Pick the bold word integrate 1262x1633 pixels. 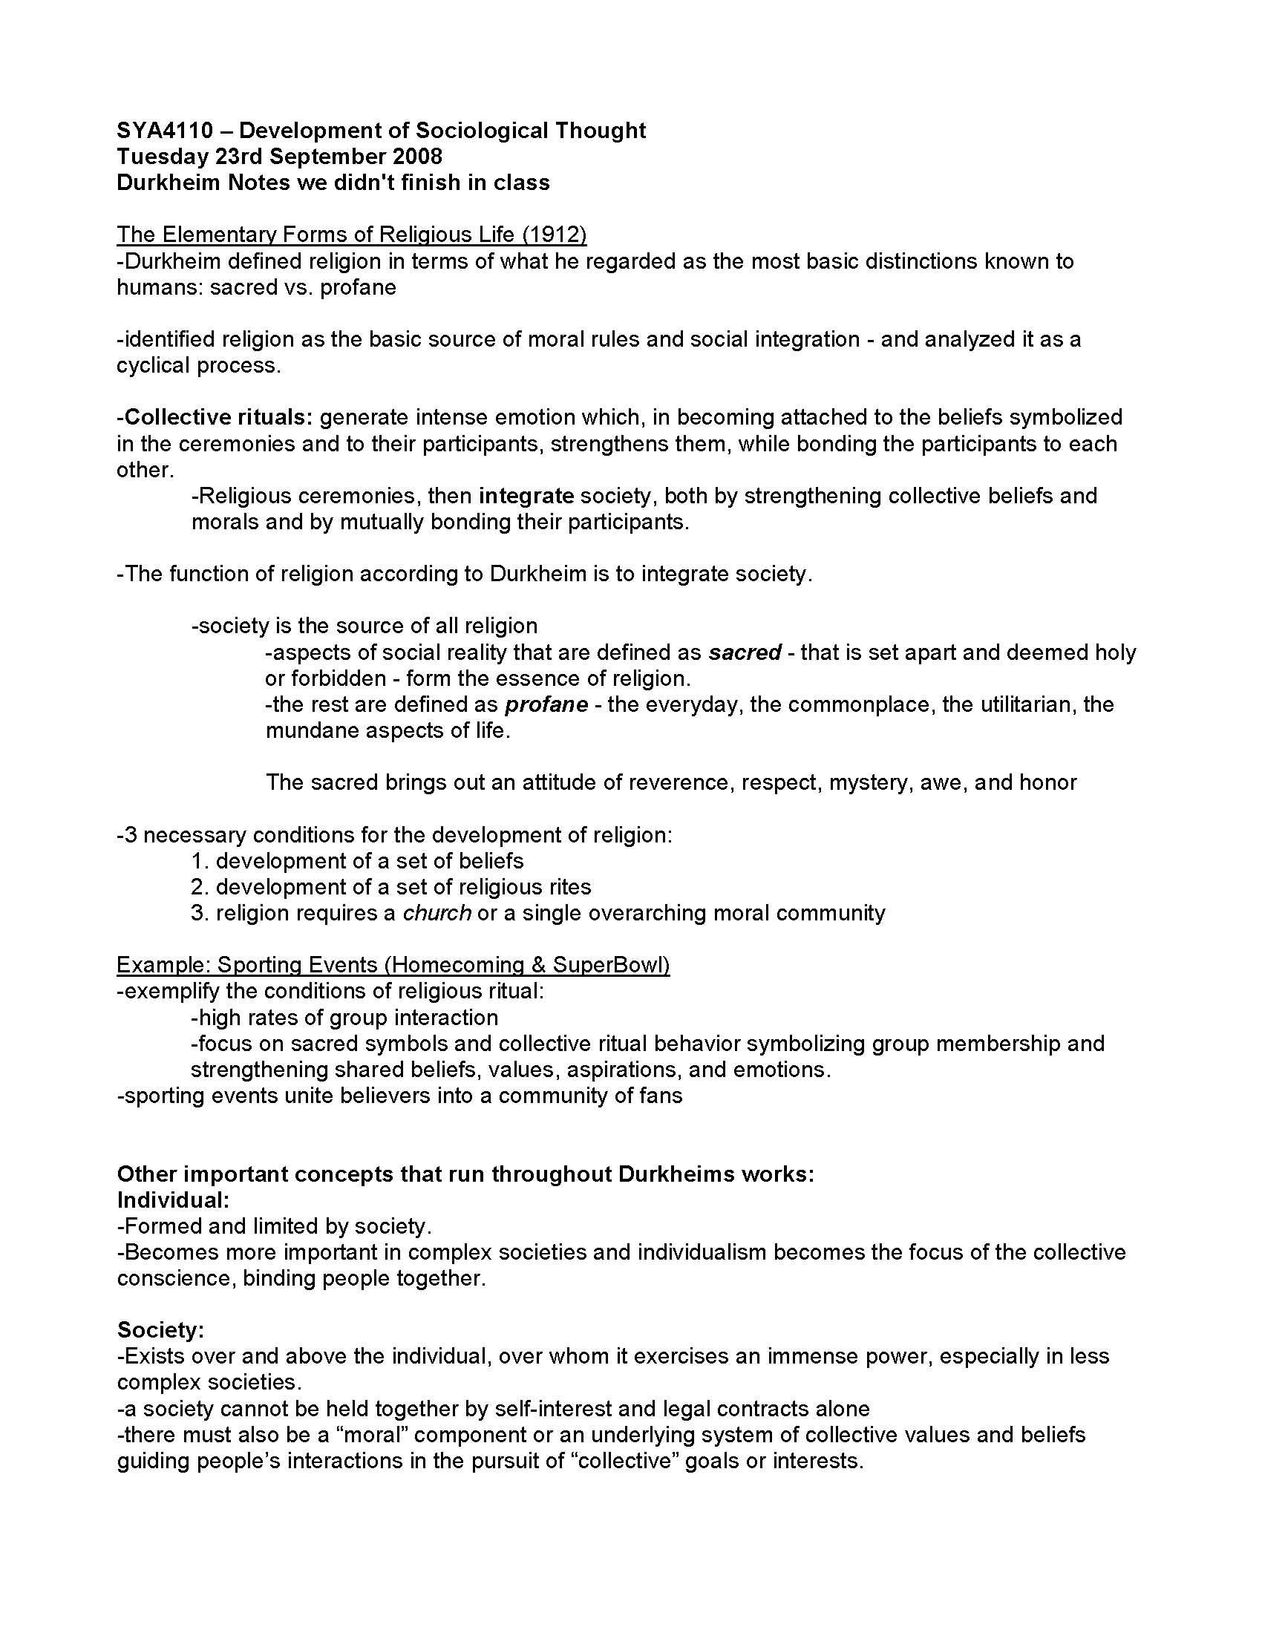(526, 496)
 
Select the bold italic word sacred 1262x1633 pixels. (745, 652)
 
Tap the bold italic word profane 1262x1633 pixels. (546, 704)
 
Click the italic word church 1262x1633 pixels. (437, 913)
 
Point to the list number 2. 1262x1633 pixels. (198, 888)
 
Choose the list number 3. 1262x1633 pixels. (198, 913)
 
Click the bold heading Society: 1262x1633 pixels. (161, 1330)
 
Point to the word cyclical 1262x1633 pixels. (153, 366)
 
